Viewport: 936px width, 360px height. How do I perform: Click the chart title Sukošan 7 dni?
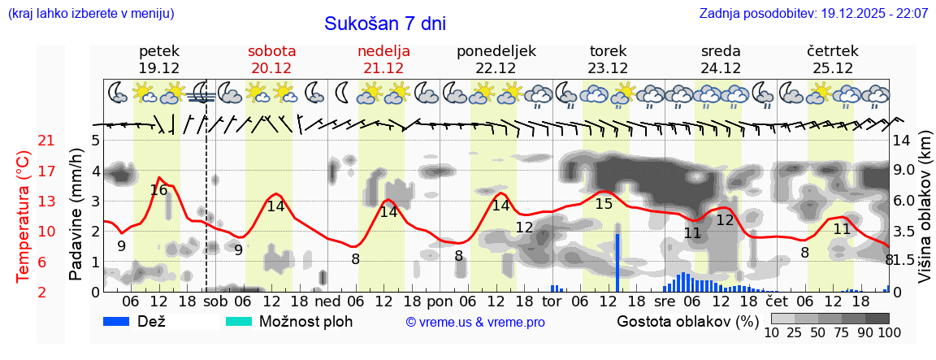coord(385,24)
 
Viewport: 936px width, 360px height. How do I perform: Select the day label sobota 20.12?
coord(271,59)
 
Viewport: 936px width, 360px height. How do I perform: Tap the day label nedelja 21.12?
coord(383,59)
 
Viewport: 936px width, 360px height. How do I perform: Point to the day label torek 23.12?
coord(608,59)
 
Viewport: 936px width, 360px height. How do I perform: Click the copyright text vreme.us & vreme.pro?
coord(475,322)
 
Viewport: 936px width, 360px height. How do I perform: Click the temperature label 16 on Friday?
coord(158,190)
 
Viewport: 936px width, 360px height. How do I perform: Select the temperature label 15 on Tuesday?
coord(604,204)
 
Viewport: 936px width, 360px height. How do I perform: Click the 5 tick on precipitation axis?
coord(95,140)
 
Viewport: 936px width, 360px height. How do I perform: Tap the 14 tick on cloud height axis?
coord(903,140)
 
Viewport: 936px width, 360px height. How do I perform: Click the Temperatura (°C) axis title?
coord(23,216)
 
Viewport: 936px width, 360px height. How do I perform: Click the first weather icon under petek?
coord(118,93)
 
